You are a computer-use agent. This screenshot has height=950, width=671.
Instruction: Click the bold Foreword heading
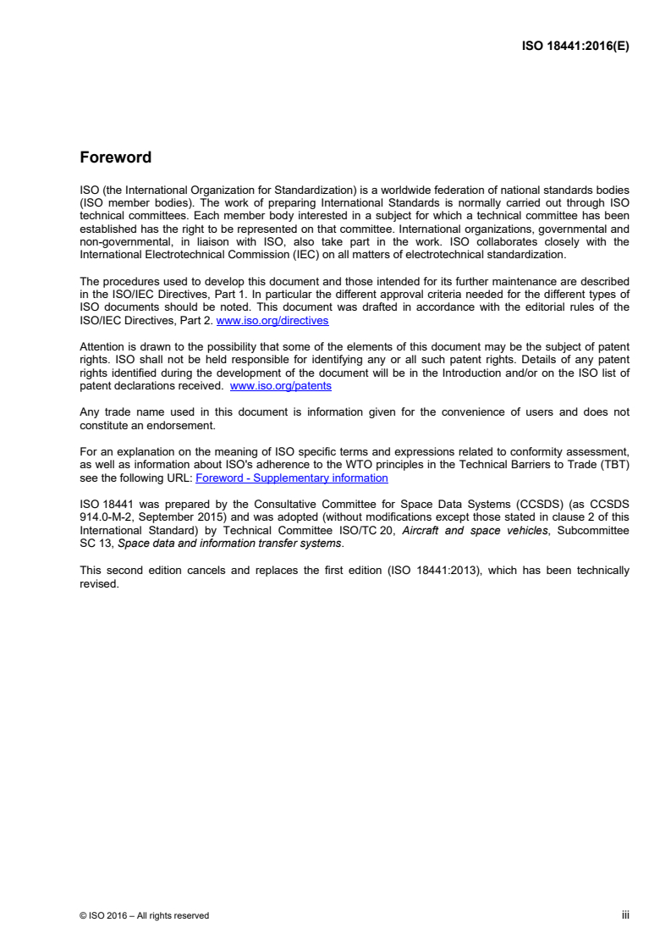click(x=115, y=157)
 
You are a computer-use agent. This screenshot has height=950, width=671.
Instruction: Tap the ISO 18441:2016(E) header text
click(x=575, y=47)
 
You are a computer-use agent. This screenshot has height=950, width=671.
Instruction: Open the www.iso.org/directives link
click(x=272, y=321)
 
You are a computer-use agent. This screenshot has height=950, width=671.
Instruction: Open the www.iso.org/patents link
click(x=281, y=385)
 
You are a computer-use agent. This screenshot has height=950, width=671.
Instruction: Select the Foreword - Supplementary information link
click(x=292, y=478)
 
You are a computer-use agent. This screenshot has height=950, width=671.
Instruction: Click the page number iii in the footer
click(x=625, y=915)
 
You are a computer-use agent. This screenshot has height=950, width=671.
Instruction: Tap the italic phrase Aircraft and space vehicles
click(x=470, y=531)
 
